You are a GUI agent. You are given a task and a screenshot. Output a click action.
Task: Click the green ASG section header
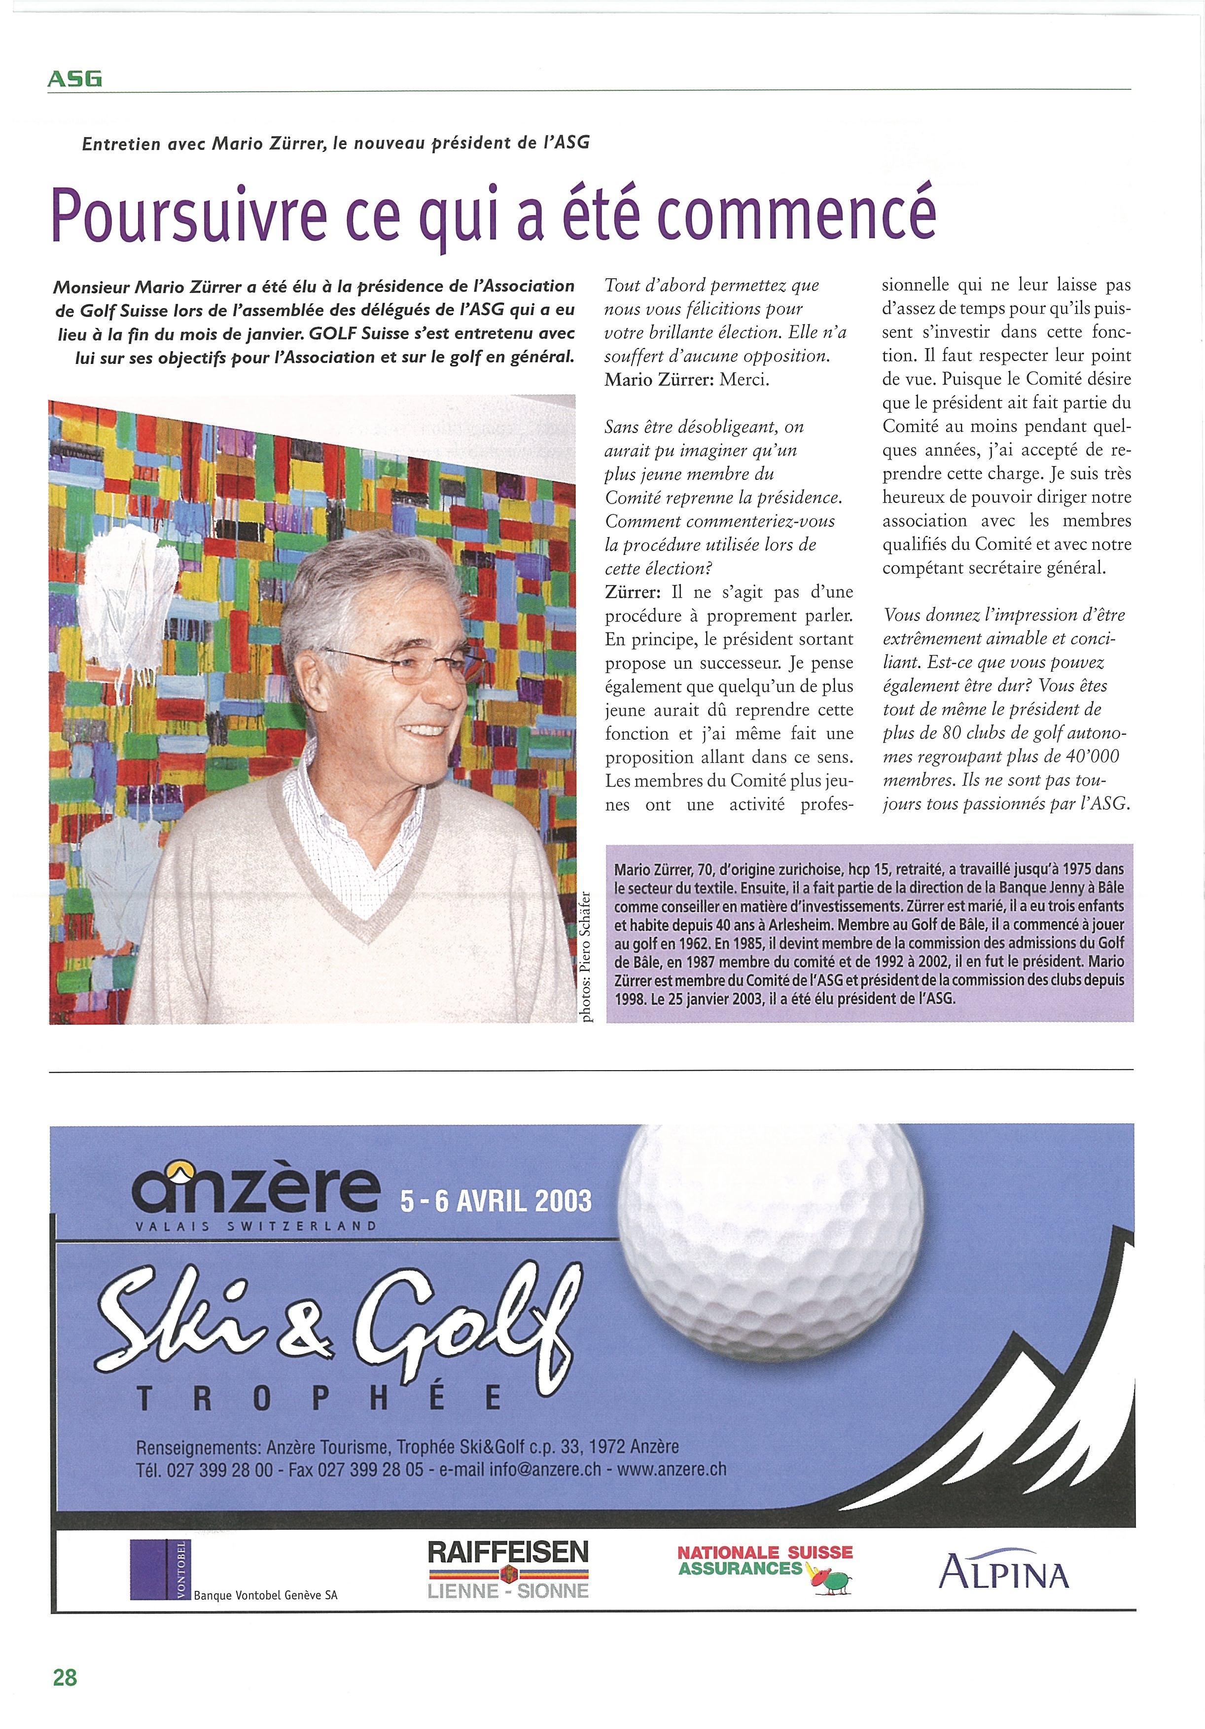(74, 78)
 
